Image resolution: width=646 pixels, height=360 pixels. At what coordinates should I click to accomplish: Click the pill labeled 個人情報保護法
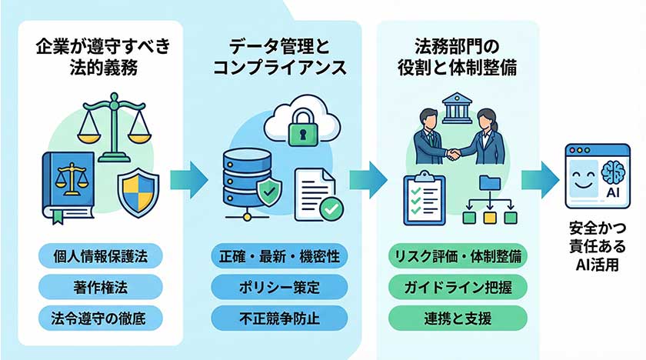[x=100, y=256]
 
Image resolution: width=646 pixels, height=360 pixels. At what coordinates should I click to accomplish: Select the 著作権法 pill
[x=100, y=286]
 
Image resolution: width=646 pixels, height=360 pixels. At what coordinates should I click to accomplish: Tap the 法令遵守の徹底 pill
[x=100, y=316]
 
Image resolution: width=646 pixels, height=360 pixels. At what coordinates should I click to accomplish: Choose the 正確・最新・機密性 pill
[x=280, y=256]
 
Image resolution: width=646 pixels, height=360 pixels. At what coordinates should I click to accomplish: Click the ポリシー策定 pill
[x=280, y=286]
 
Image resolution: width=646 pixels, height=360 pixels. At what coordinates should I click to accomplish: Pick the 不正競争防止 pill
[x=280, y=316]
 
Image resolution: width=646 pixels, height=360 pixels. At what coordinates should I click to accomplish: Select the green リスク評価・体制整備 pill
[x=458, y=256]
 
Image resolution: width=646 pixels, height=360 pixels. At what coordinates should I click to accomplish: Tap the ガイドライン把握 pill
[x=458, y=286]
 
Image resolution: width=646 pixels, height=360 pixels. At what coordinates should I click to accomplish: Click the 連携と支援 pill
[x=458, y=316]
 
